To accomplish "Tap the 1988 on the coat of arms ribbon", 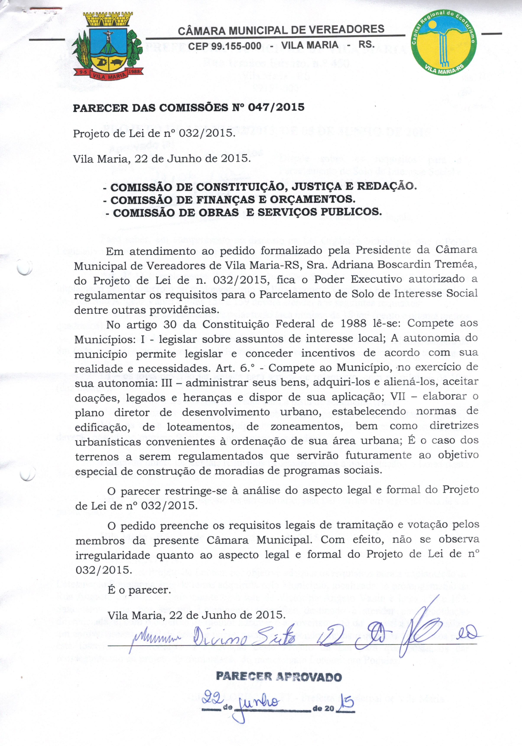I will click(134, 71).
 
